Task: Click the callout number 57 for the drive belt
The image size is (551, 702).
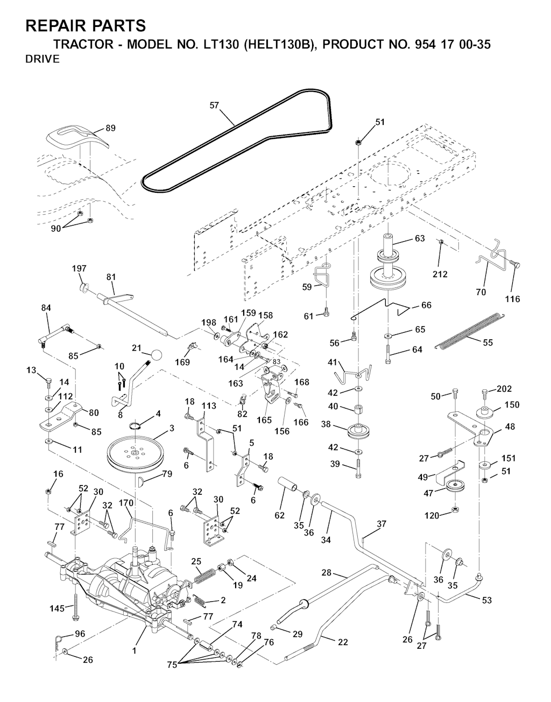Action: click(214, 106)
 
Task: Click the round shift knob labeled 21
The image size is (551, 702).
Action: click(156, 355)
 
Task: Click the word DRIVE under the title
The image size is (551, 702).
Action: click(43, 59)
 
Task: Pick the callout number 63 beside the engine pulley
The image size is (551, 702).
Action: click(420, 238)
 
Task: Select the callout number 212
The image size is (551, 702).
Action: click(440, 274)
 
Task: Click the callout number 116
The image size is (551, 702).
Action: click(512, 299)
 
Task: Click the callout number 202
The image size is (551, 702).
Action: click(505, 389)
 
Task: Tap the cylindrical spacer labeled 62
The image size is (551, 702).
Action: click(289, 485)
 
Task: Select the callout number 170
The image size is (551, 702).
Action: click(126, 503)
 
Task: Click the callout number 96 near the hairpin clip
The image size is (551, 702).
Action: click(80, 634)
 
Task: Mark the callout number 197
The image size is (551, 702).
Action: click(79, 268)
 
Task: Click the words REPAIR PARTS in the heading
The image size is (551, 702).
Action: click(86, 25)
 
